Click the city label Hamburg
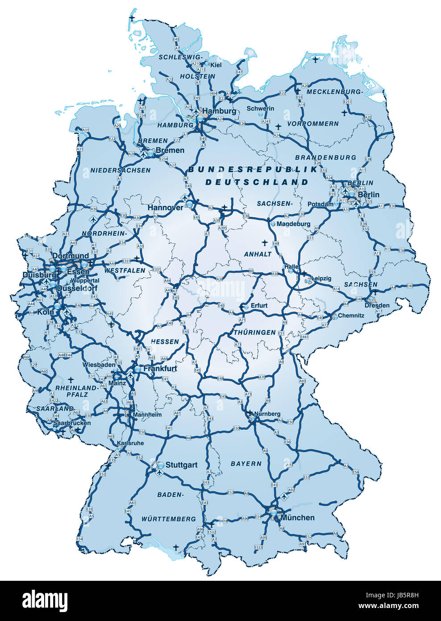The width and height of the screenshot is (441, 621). [220, 111]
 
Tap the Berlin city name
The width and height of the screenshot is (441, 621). [369, 195]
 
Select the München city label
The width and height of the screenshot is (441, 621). [298, 518]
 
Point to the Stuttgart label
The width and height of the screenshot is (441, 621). [181, 465]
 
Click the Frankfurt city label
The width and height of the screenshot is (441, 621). [160, 369]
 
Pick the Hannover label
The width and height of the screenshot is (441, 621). [165, 208]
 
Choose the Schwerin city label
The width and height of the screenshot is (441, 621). [260, 109]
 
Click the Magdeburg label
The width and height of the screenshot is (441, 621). [293, 224]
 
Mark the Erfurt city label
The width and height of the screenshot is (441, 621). [259, 306]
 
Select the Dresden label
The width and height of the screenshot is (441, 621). [377, 306]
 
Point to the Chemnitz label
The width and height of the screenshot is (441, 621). [351, 315]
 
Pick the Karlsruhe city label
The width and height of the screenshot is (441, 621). [130, 443]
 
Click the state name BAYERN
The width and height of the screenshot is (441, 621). [246, 464]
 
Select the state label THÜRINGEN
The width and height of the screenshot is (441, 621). [255, 333]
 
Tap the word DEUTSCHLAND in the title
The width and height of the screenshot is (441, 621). [257, 182]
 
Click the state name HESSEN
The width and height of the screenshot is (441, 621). [165, 342]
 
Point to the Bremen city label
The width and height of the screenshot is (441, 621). [170, 151]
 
